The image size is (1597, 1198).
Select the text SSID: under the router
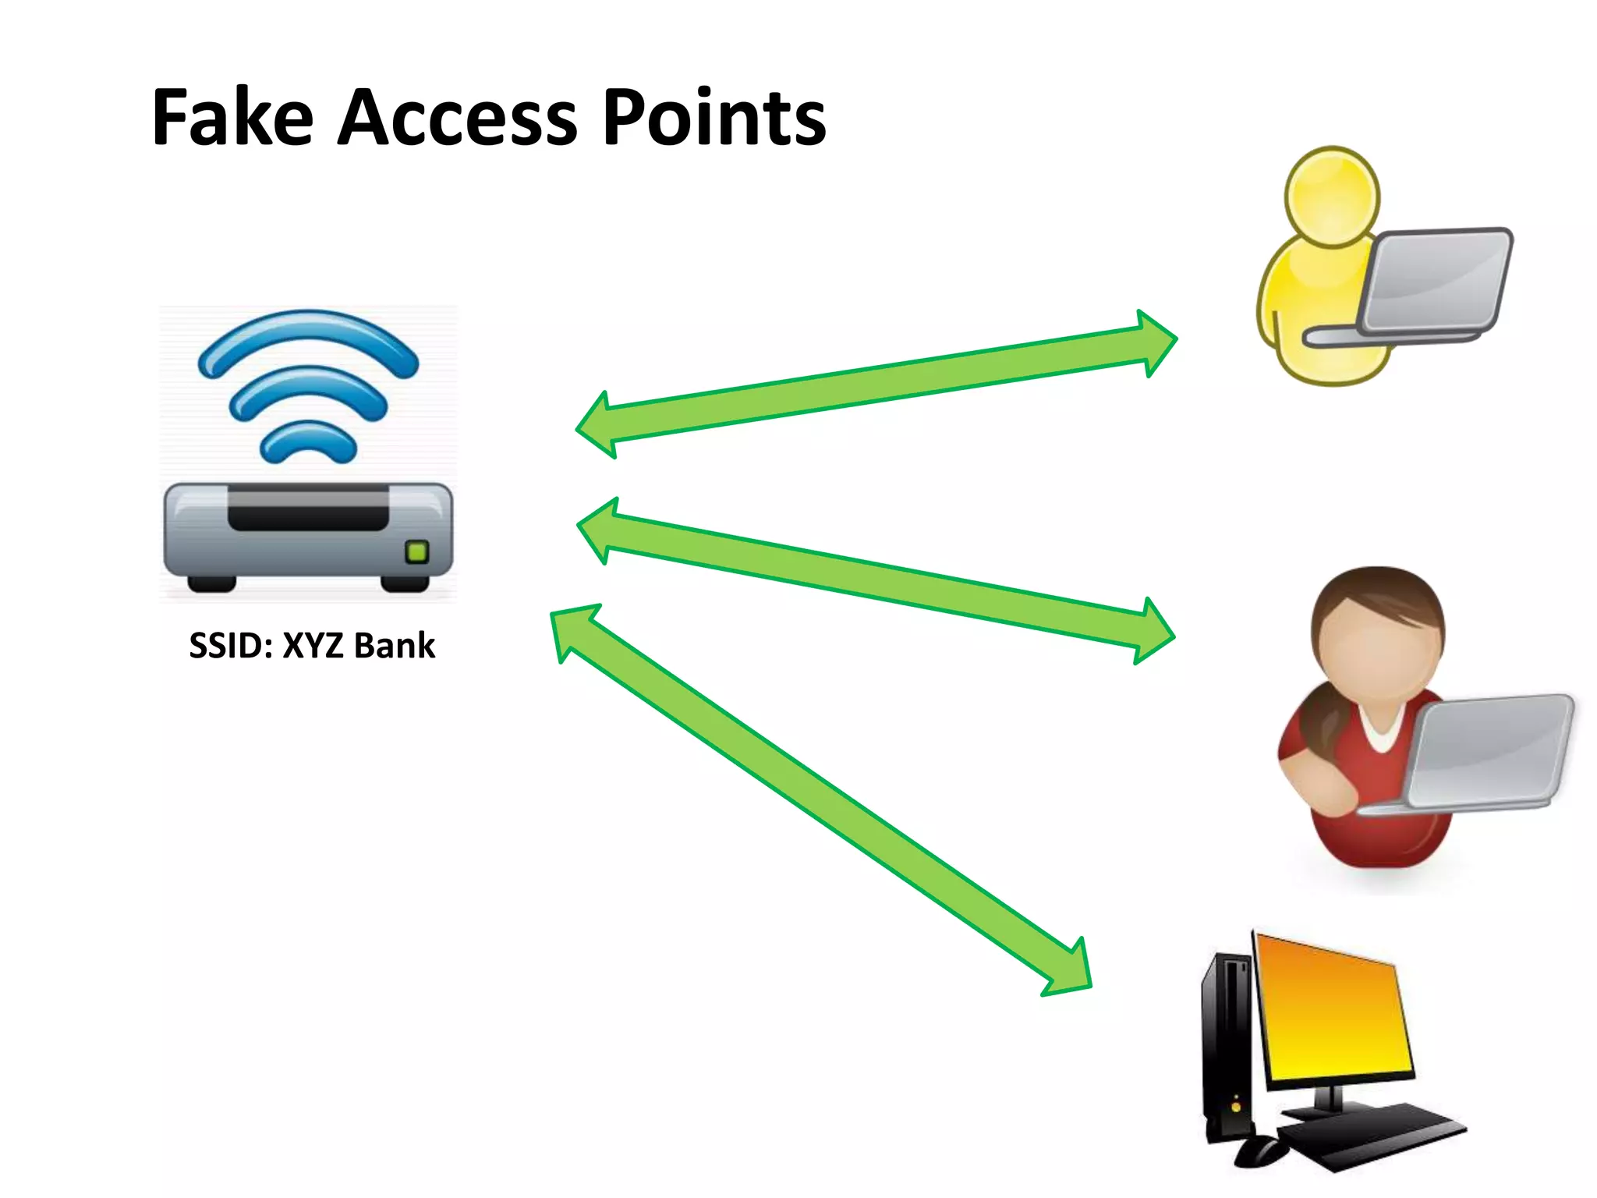tap(232, 646)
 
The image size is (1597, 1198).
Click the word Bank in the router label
tap(395, 646)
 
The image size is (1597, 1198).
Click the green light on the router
tap(417, 552)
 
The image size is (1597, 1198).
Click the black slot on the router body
tap(308, 511)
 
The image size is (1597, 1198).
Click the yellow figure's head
tap(1332, 197)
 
